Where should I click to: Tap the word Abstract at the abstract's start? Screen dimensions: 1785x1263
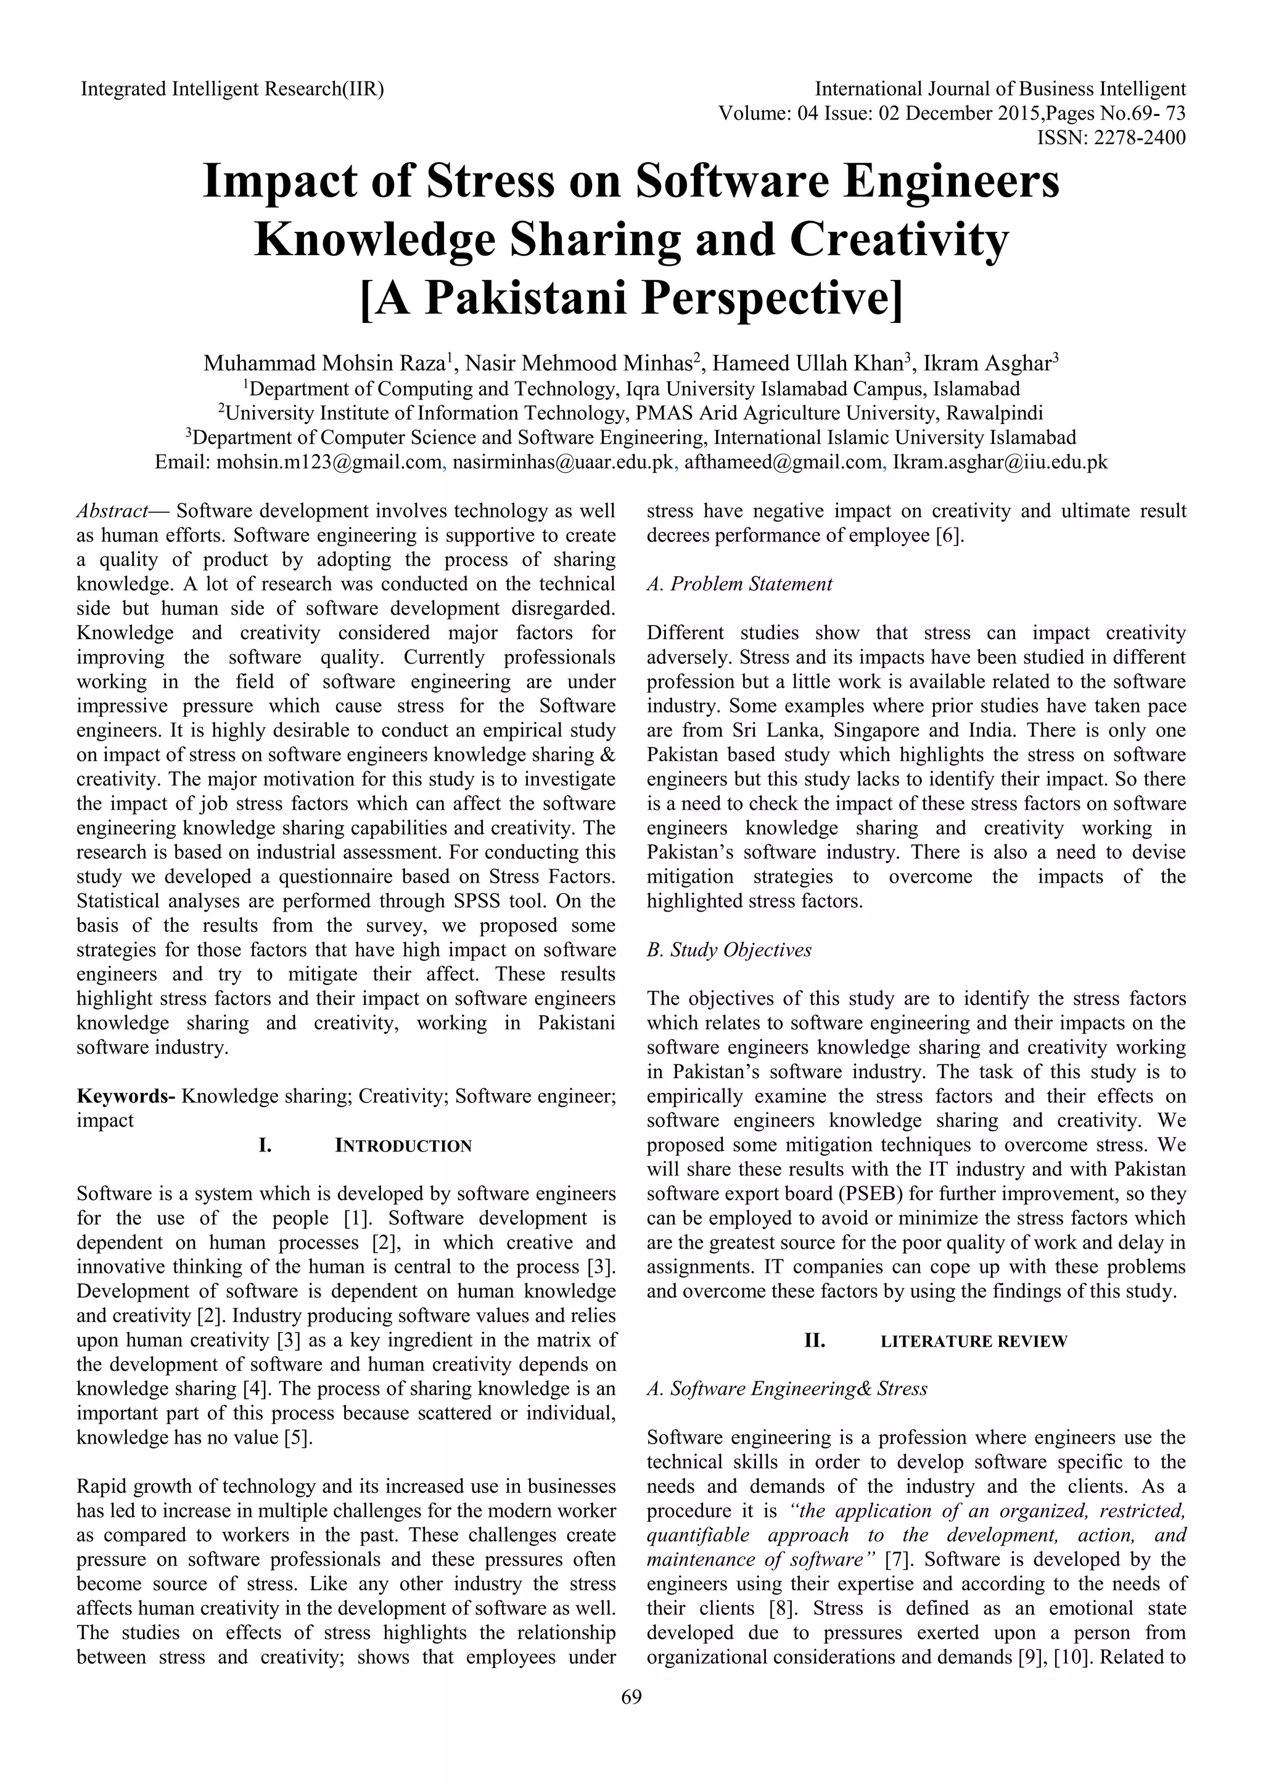point(113,512)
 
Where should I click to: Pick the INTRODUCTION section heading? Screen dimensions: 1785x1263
point(403,1146)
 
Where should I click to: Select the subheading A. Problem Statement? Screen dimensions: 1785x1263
point(739,585)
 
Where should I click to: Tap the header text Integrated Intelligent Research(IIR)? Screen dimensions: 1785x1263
point(232,89)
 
